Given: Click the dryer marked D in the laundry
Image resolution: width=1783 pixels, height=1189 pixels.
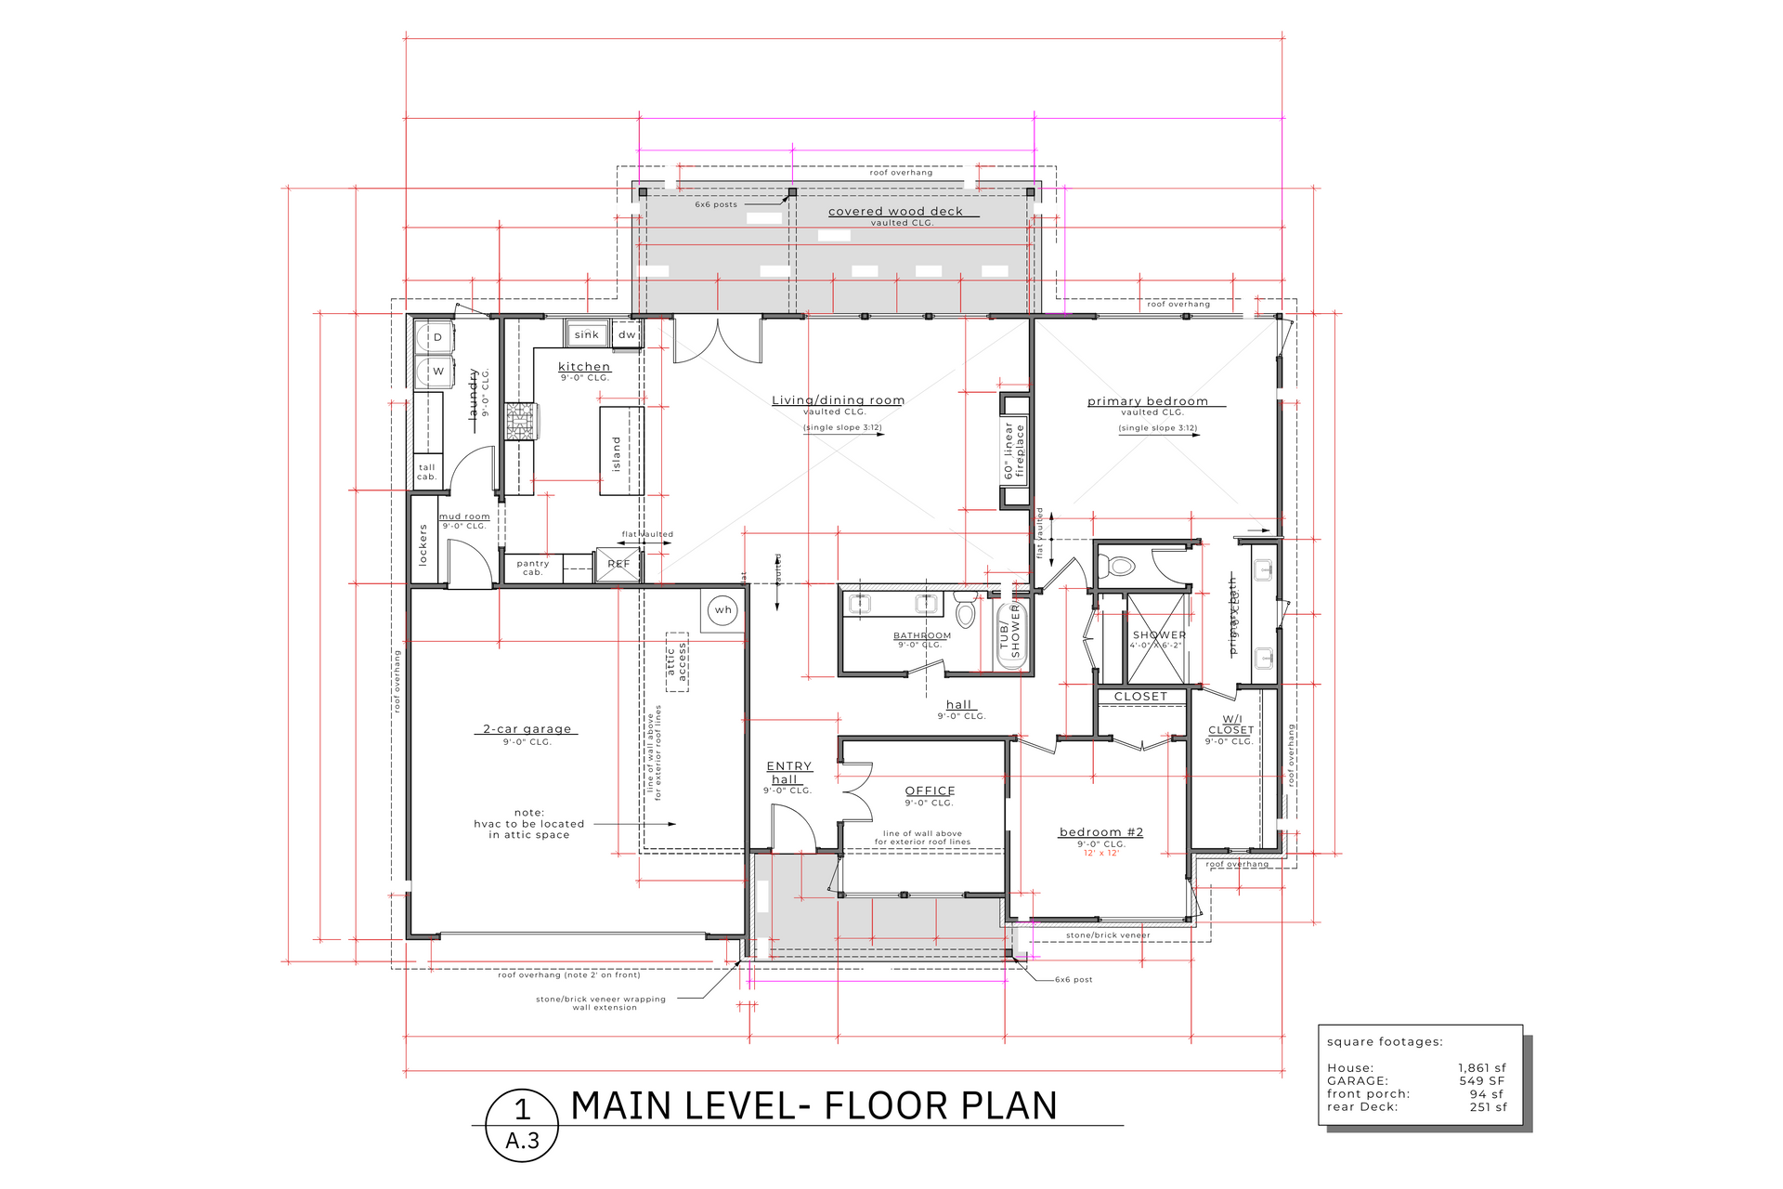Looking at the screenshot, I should [436, 337].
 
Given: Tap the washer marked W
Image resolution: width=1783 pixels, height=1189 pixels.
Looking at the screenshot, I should [437, 371].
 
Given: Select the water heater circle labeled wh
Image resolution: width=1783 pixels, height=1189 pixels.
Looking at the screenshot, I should [723, 610].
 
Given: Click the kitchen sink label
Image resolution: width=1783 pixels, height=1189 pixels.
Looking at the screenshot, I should [587, 334].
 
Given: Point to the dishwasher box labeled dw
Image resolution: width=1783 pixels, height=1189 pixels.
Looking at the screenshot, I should [628, 334].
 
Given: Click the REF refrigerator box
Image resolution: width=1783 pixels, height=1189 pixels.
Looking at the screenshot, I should [618, 564].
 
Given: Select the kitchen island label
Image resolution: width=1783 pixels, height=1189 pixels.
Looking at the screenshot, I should [616, 453].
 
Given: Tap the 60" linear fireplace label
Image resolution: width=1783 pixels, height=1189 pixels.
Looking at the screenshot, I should [1014, 451].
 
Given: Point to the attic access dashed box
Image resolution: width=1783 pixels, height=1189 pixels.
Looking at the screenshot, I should [677, 662].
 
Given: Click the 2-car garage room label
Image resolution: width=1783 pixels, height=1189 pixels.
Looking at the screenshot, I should [527, 729].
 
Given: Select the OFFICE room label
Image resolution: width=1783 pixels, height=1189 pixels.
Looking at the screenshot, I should [930, 790].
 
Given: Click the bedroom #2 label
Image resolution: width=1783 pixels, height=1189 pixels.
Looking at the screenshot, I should [1101, 832].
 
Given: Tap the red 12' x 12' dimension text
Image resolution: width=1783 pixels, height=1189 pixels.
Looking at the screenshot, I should [1101, 854].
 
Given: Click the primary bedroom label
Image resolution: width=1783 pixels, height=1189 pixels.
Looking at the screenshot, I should [1148, 401].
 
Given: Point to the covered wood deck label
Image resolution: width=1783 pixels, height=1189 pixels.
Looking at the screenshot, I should [895, 212].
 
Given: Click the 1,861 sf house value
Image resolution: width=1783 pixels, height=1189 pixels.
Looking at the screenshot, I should [1481, 1068].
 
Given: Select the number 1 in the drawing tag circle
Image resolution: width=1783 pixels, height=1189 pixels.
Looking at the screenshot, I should [523, 1109].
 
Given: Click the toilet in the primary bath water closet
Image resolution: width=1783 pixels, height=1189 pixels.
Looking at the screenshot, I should [1119, 566].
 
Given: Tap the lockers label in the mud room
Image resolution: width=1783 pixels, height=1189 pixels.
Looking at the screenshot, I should [423, 545].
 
